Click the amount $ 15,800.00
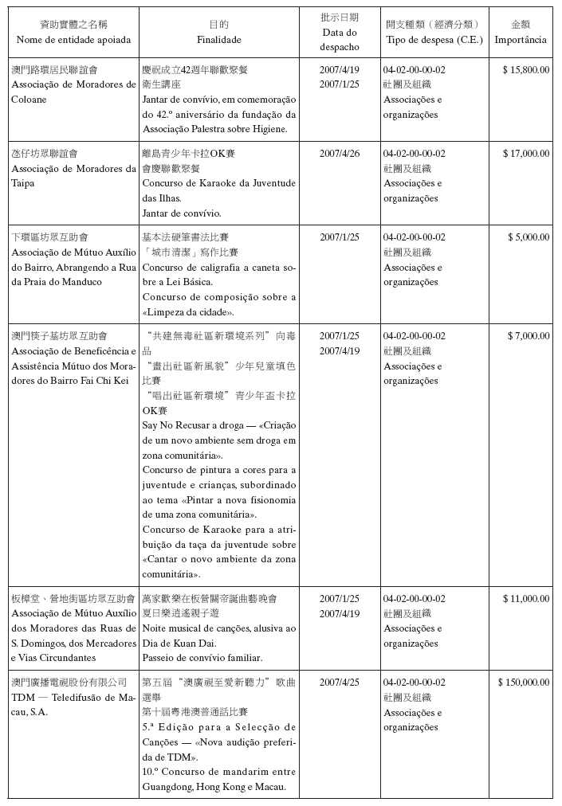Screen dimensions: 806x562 pos(525,70)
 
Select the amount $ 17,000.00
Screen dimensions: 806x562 pos(525,154)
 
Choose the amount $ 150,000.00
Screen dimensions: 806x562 pos(523,683)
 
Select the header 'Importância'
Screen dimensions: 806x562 pos(521,39)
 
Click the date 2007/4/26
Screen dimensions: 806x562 pos(340,154)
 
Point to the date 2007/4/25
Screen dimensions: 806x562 pos(340,683)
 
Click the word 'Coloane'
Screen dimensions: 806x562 pos(29,100)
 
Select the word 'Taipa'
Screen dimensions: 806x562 pos(23,183)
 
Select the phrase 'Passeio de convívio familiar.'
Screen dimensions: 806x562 pos(202,658)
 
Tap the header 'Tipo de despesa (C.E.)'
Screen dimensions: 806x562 pos(434,39)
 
